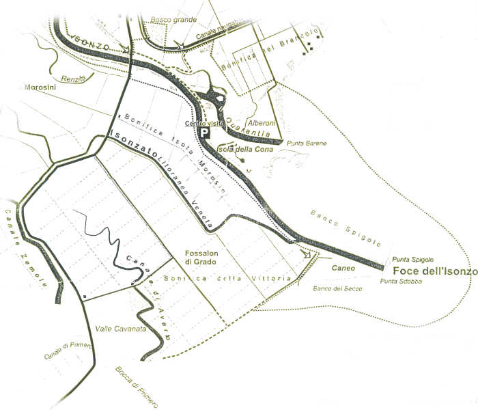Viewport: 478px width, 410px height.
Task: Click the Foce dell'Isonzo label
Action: [435, 271]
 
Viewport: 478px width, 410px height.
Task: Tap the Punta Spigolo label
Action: [412, 260]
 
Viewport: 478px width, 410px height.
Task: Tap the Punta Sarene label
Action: [307, 143]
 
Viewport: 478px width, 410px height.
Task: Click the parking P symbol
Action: [203, 134]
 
